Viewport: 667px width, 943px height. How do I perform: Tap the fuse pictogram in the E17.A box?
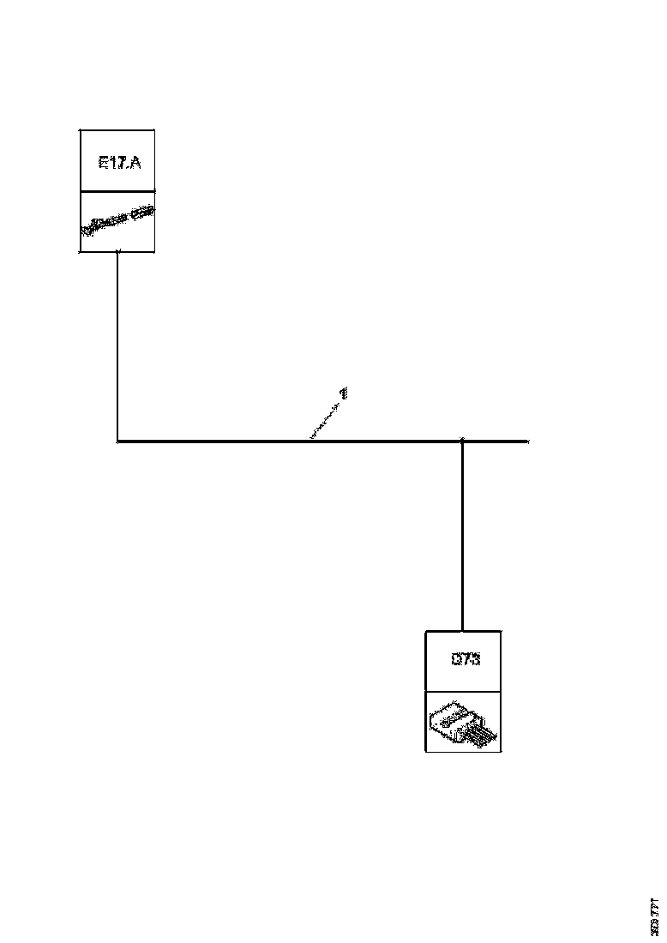click(x=117, y=222)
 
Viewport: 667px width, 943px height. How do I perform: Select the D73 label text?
click(x=464, y=660)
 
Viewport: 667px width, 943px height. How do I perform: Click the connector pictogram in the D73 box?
click(x=464, y=723)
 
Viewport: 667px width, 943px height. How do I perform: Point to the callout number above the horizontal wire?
click(x=344, y=393)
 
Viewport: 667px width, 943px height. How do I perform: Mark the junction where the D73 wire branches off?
click(x=463, y=441)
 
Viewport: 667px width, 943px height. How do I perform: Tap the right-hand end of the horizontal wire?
click(x=526, y=441)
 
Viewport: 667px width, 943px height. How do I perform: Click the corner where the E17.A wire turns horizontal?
click(x=117, y=441)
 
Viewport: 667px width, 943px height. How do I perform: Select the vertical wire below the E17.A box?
click(x=117, y=343)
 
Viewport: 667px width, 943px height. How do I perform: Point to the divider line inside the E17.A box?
click(x=117, y=192)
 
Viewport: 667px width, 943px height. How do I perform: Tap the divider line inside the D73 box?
click(x=464, y=691)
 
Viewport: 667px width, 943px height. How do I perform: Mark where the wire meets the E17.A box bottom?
click(x=117, y=252)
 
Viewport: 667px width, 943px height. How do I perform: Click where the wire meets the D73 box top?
click(x=463, y=631)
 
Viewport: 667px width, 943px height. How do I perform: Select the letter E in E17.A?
click(x=103, y=161)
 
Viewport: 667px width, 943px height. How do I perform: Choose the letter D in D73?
click(x=455, y=660)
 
